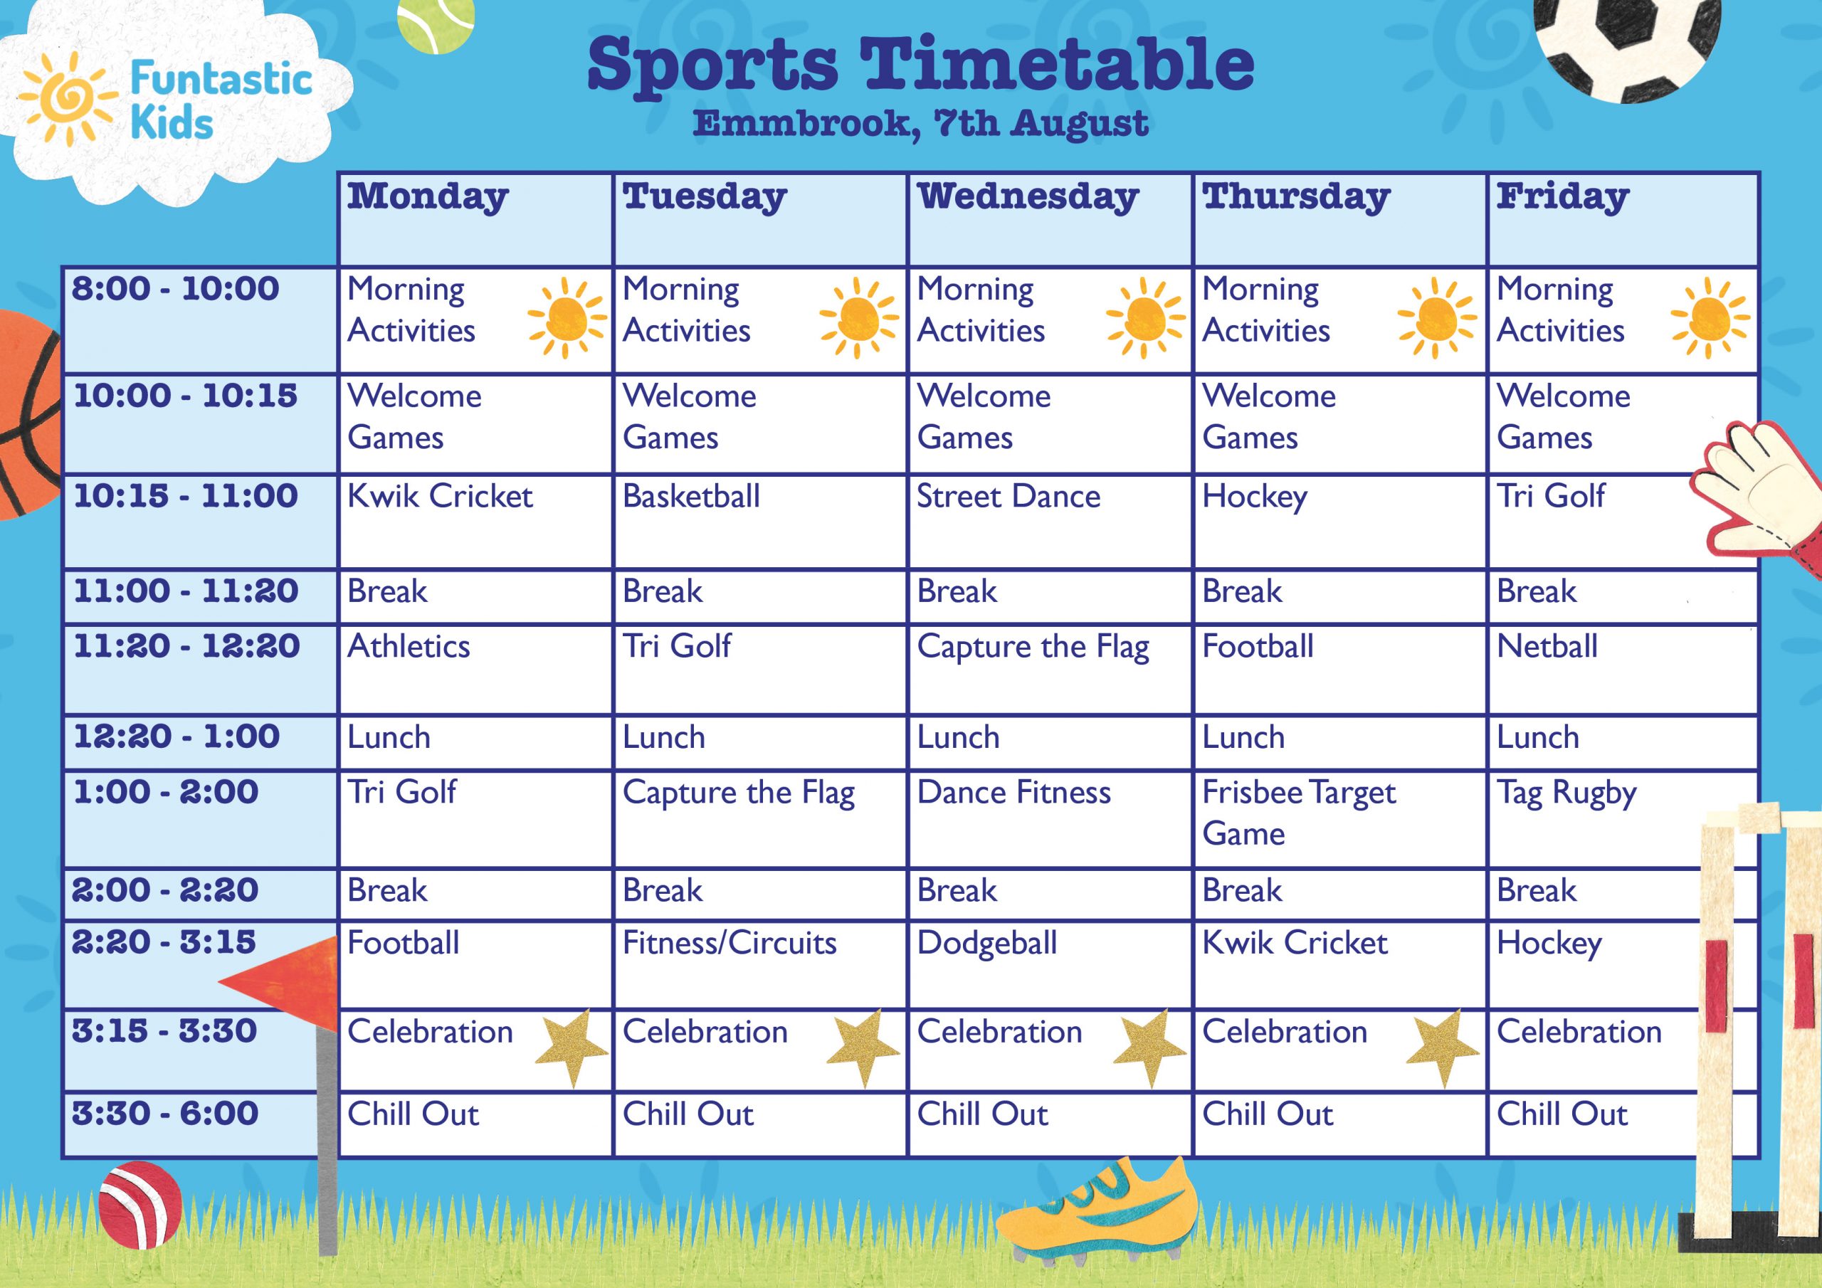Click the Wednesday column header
tap(1028, 197)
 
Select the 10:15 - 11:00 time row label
tap(186, 496)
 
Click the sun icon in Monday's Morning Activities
tap(567, 318)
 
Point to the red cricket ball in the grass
tap(140, 1204)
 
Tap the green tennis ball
tap(436, 26)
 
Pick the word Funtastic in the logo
tap(221, 78)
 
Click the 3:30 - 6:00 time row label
tap(165, 1114)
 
